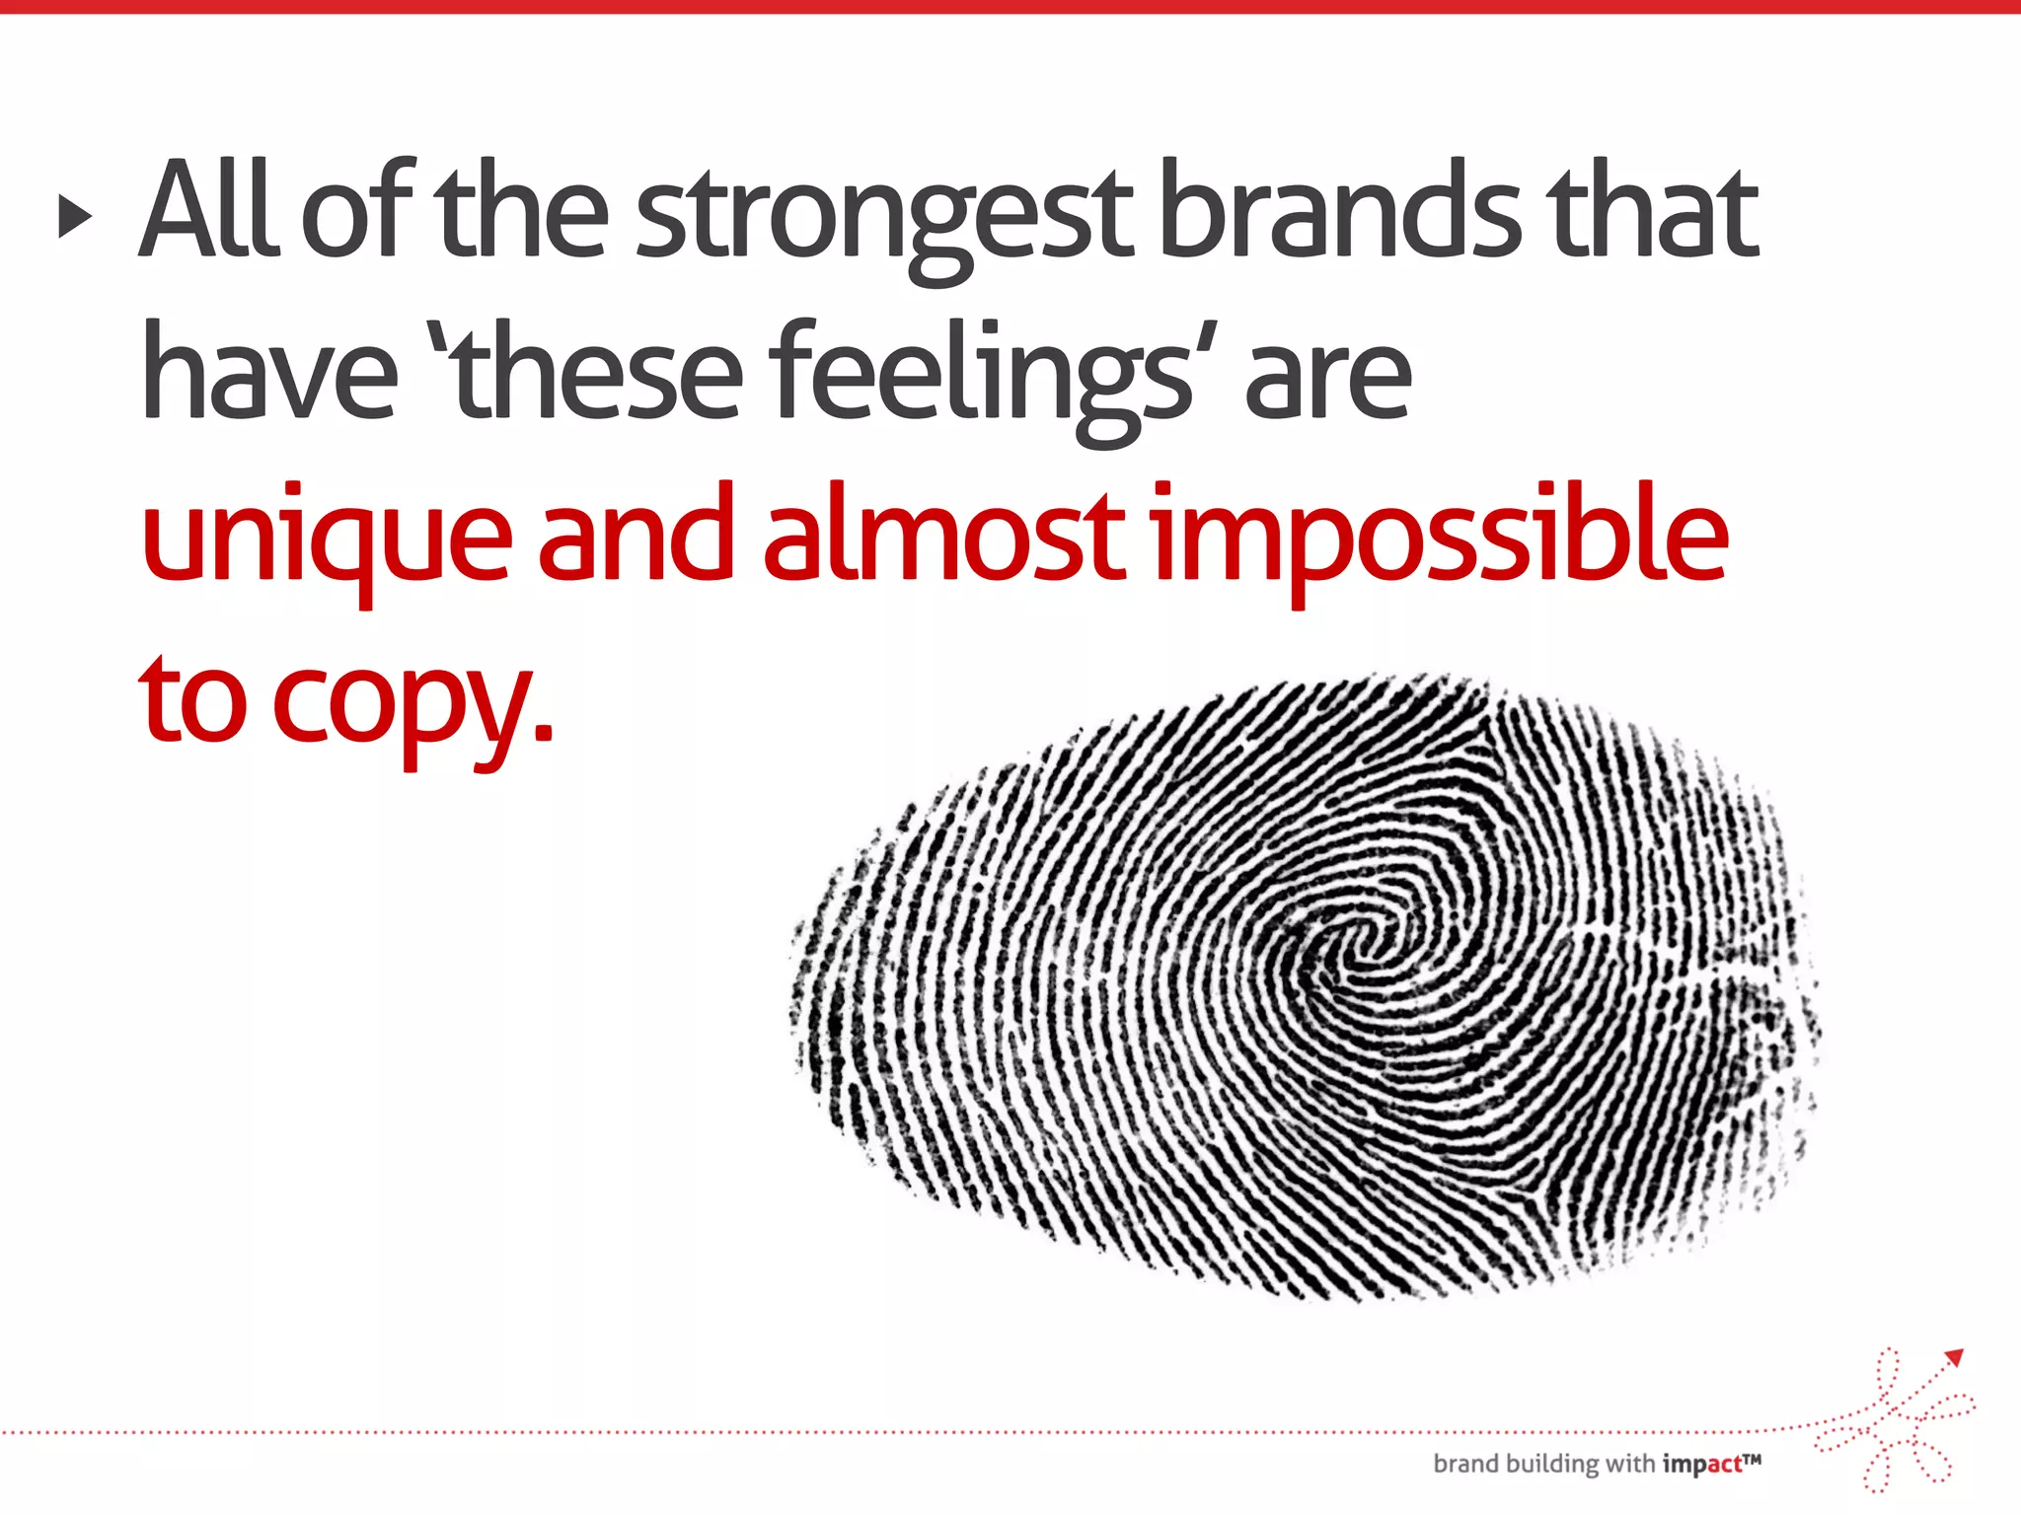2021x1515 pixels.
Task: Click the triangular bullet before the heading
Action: coord(75,216)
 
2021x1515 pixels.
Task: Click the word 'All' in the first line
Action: coord(210,210)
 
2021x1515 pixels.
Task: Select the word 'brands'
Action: coord(1339,210)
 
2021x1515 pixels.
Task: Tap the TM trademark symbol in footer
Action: coord(1753,1458)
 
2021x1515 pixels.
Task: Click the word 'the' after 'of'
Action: coord(522,210)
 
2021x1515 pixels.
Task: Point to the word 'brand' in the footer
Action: coord(1465,1464)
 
